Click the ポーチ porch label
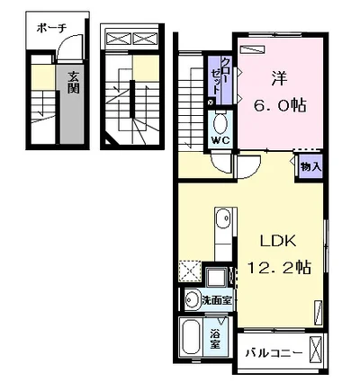[51, 29]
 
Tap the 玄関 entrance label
[73, 83]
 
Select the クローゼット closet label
[220, 76]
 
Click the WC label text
[220, 140]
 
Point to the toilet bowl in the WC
[220, 124]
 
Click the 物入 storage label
[311, 166]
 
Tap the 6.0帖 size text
[280, 105]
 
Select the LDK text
[278, 241]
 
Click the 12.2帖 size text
[279, 267]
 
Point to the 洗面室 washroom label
[217, 300]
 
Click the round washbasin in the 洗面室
[192, 299]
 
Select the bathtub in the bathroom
[191, 337]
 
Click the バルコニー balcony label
[274, 353]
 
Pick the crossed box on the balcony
[315, 350]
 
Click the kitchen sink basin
[223, 218]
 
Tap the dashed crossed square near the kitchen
[190, 271]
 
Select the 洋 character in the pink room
[279, 79]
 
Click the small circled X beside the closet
[211, 102]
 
